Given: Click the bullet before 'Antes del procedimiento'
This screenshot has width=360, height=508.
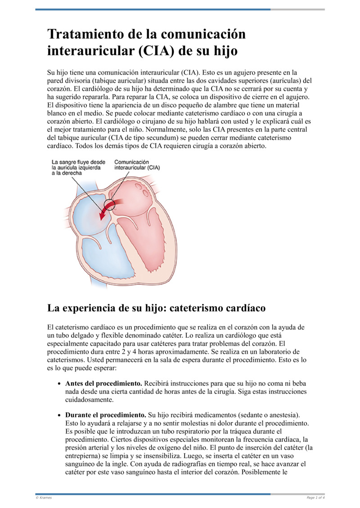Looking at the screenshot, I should [x=60, y=384].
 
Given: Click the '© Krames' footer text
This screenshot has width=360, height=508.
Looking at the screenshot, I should [x=44, y=498].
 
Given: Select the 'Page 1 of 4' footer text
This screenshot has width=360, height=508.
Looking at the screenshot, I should [x=315, y=498].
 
